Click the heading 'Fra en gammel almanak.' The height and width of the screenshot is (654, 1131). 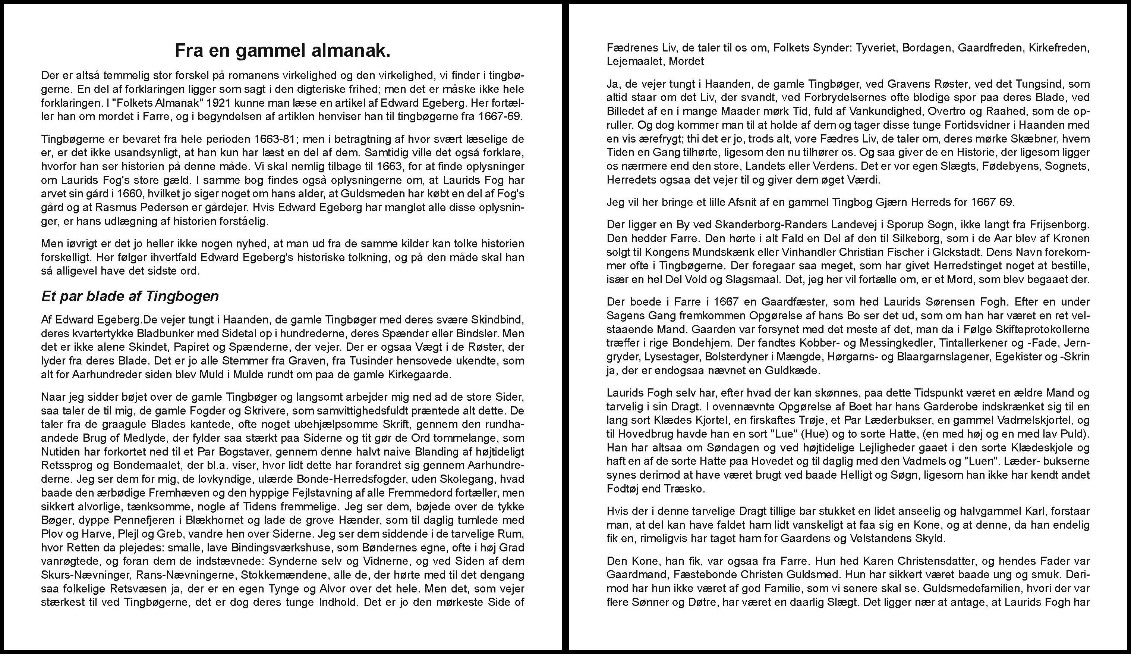[x=282, y=51]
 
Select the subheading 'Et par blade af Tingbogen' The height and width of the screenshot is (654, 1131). [x=130, y=296]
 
